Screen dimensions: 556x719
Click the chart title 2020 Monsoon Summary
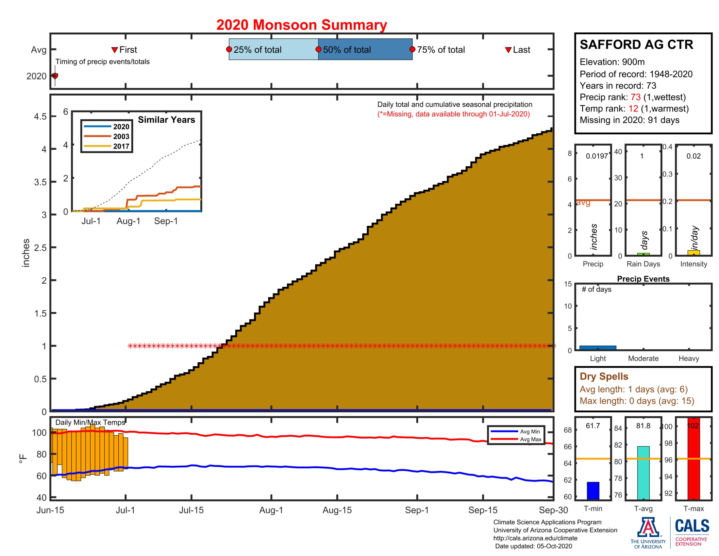[301, 25]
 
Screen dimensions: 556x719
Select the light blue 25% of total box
[273, 49]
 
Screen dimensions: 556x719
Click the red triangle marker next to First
[115, 50]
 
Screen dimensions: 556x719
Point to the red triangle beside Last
[508, 50]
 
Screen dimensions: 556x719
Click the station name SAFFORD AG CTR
[636, 44]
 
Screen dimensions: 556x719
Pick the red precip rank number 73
[635, 97]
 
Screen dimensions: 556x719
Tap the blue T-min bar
[593, 491]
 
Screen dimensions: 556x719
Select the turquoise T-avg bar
[643, 473]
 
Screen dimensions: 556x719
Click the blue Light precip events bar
[597, 347]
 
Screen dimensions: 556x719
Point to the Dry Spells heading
[604, 376]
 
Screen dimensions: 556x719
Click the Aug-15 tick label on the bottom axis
[337, 510]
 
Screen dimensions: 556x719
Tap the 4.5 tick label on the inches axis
[40, 117]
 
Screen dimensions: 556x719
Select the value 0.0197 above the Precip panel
[596, 156]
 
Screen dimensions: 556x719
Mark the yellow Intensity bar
[693, 252]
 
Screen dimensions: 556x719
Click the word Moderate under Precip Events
[643, 358]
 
